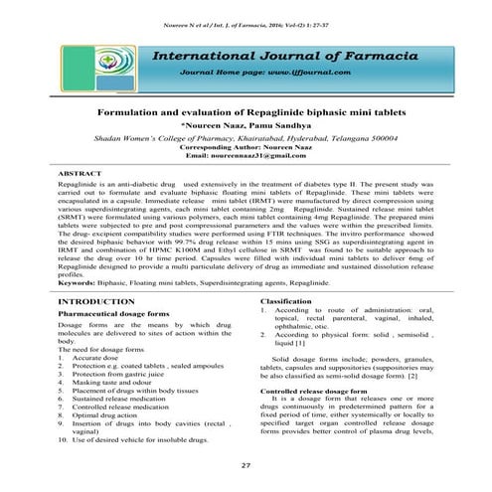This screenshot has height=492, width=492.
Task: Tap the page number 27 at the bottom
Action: point(246,467)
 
